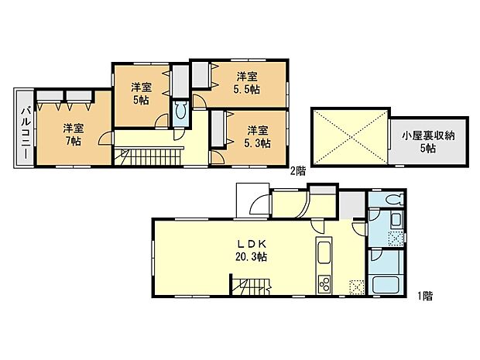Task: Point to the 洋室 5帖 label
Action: [x=139, y=93]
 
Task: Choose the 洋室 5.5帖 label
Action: [x=248, y=83]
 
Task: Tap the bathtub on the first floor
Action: [x=385, y=283]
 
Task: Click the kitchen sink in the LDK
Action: [x=324, y=253]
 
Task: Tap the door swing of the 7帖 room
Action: [x=103, y=140]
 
